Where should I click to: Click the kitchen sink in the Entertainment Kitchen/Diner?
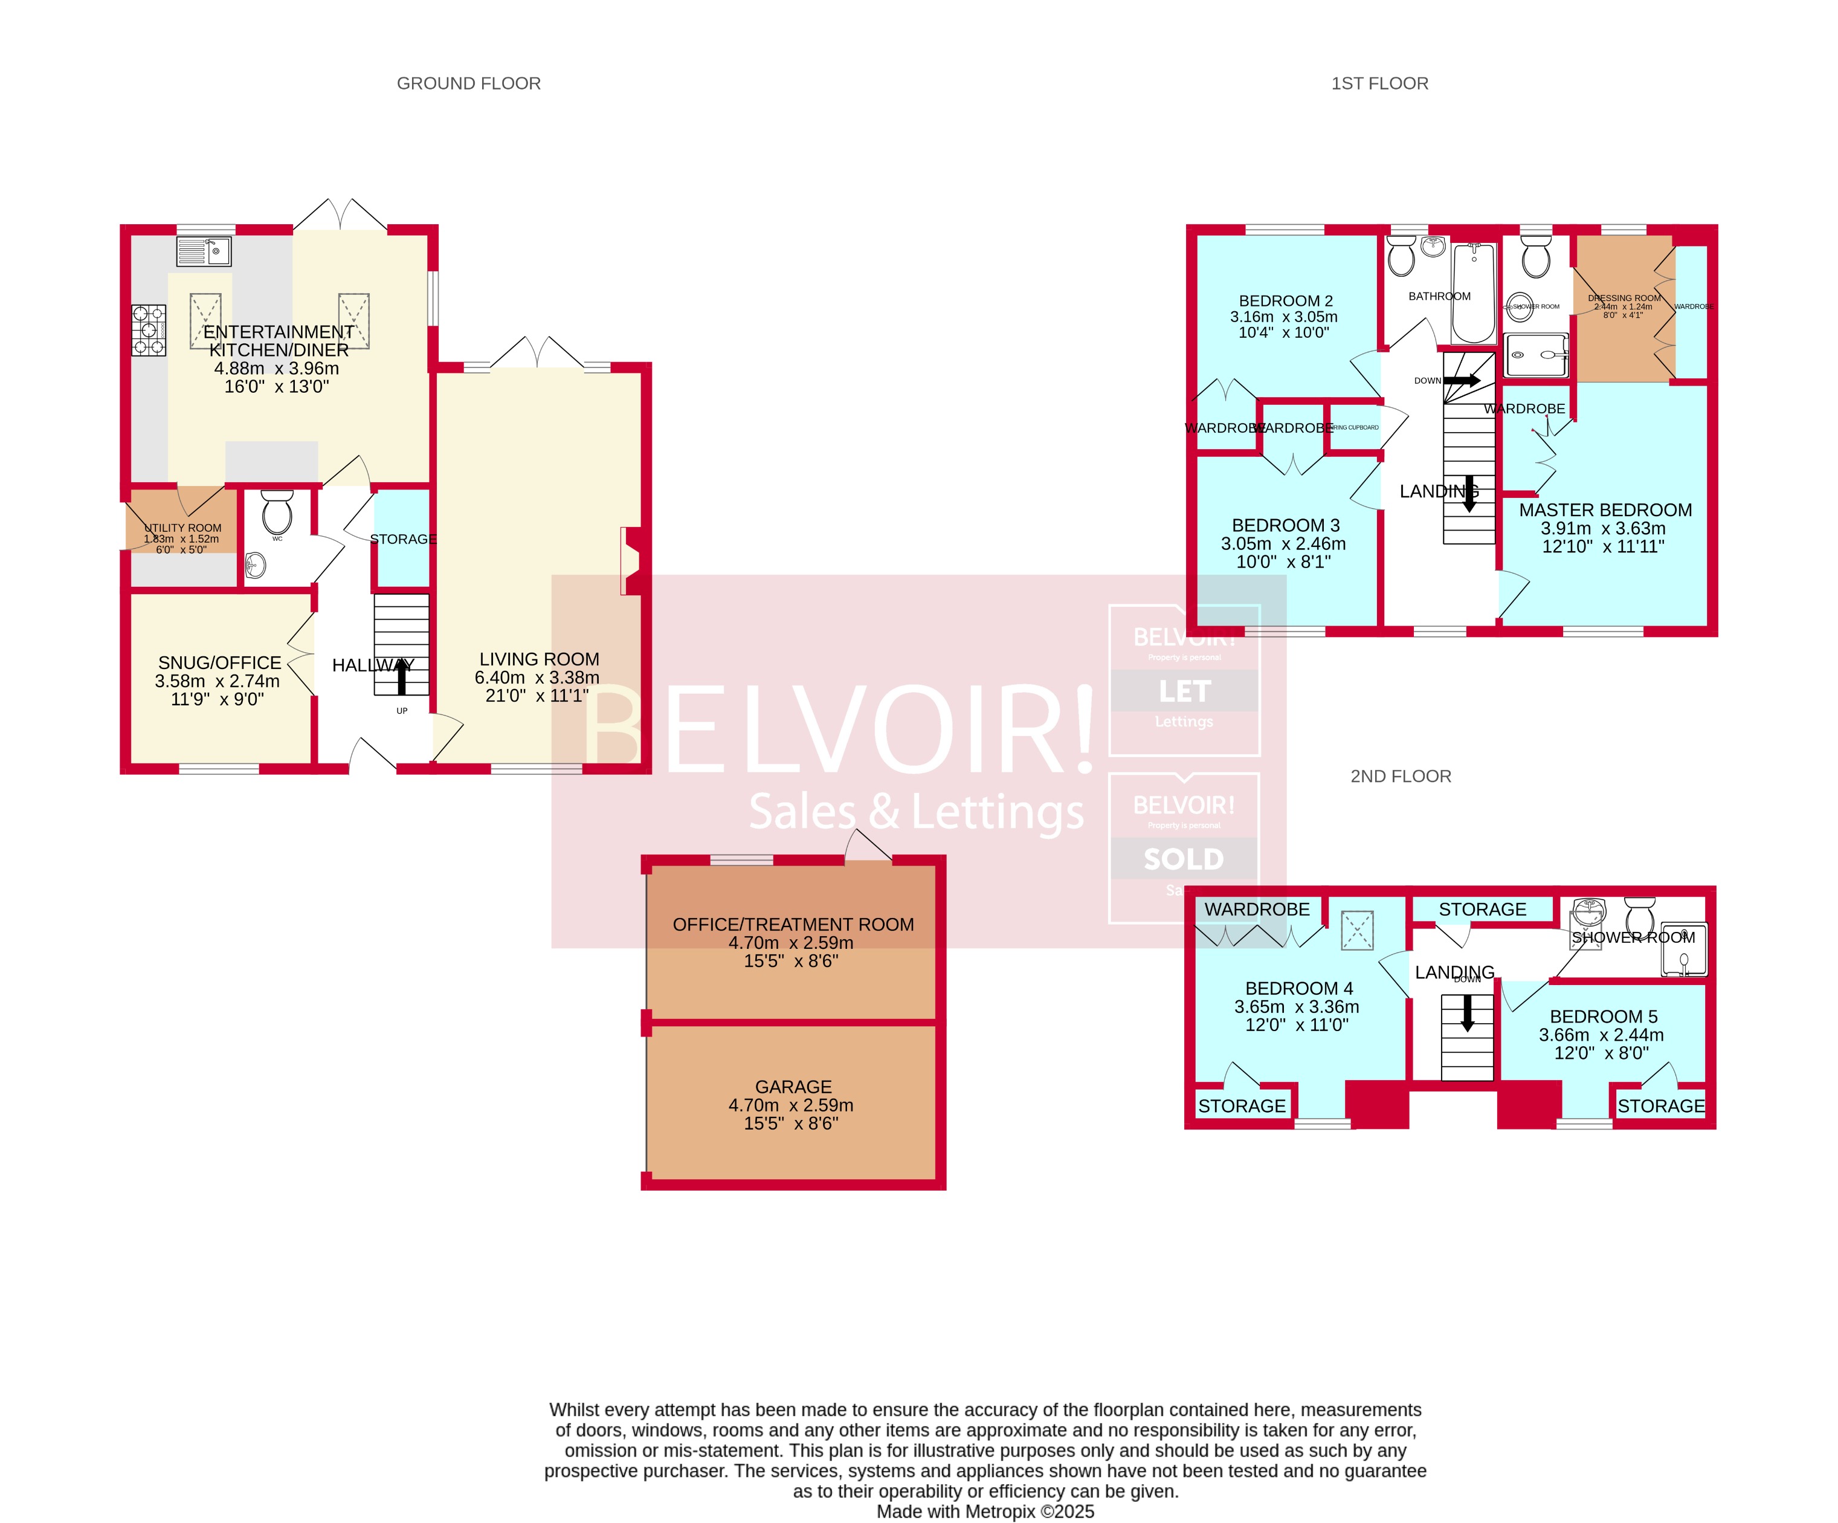tap(204, 251)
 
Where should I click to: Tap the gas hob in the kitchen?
tap(149, 329)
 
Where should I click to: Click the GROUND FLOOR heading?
tap(468, 83)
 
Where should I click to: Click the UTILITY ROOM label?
tap(183, 528)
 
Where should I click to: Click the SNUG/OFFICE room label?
tap(220, 662)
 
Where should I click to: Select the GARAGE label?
tap(793, 1086)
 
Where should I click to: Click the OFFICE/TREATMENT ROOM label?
tap(793, 924)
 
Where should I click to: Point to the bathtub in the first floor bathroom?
tap(1474, 293)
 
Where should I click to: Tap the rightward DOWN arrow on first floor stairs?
tap(1462, 380)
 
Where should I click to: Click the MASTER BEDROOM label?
tap(1605, 509)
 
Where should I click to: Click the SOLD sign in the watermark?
tap(1183, 859)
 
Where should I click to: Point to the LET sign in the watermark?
tap(1184, 691)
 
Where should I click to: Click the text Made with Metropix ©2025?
tap(985, 1512)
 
